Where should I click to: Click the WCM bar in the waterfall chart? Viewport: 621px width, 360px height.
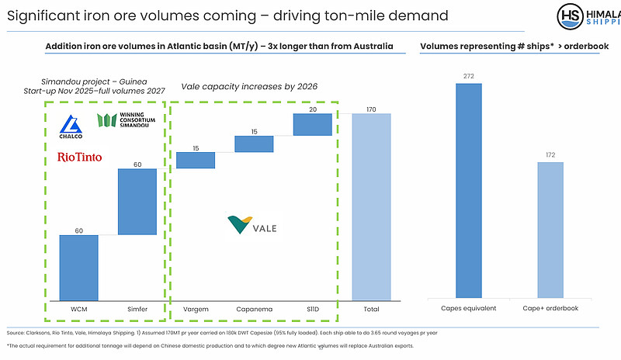(78, 267)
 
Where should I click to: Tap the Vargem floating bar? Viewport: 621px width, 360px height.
(196, 160)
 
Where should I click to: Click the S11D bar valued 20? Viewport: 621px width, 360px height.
(313, 124)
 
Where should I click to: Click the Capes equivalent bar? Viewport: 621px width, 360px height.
(468, 190)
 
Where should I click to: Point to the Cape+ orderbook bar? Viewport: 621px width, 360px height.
(550, 230)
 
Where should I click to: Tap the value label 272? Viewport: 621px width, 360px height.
(468, 76)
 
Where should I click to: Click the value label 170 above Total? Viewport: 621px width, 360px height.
(371, 109)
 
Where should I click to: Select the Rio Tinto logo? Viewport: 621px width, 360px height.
(80, 157)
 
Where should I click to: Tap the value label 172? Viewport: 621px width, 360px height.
(550, 155)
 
